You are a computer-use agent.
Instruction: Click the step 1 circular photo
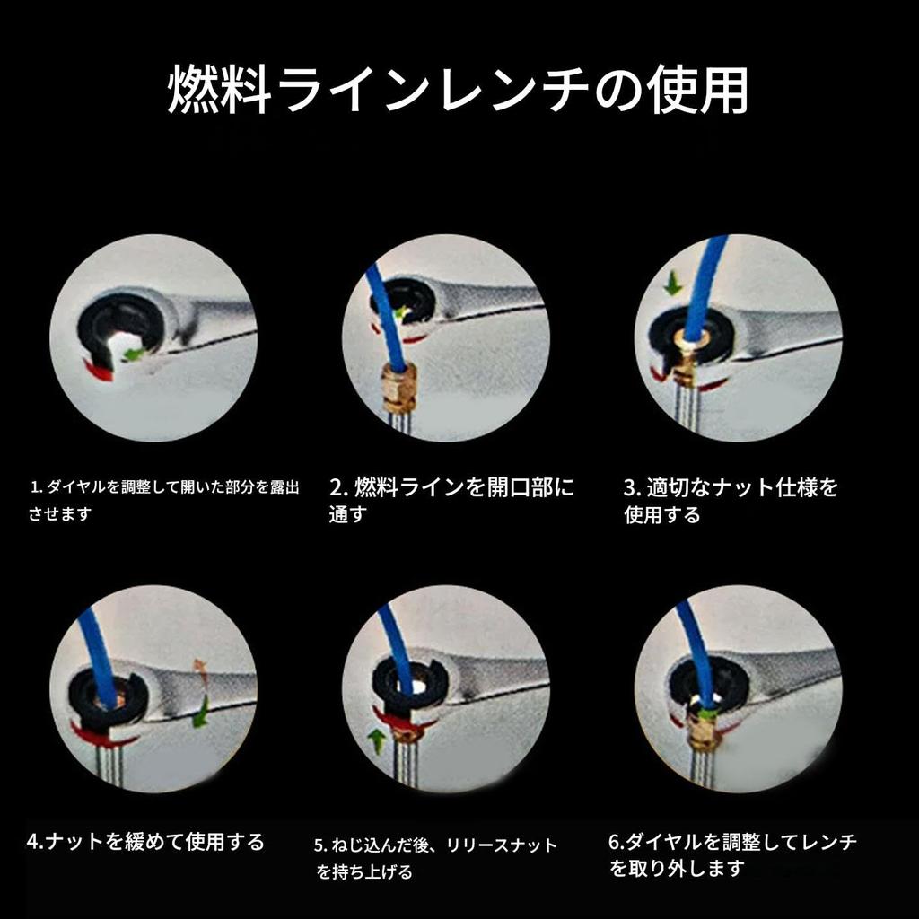153,337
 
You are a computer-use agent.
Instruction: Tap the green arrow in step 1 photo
134,354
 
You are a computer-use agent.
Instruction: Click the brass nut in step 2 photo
396,385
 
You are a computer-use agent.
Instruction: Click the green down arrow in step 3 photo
671,285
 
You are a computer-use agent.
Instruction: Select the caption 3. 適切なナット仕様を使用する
731,501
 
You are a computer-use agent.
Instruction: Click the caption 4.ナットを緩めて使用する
146,842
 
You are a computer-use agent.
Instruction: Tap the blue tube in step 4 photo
99,655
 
